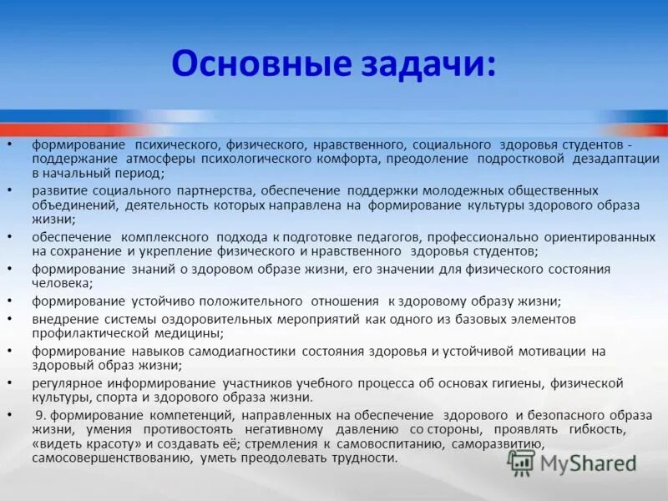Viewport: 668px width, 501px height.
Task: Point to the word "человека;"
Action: point(58,283)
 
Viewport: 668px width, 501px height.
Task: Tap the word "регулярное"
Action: point(67,382)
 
